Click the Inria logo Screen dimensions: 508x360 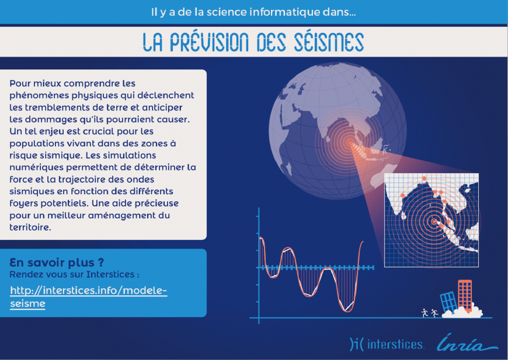[467, 343]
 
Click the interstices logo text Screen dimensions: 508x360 [395, 344]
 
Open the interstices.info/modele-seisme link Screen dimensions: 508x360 [88, 296]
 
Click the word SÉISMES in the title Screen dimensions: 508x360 [329, 42]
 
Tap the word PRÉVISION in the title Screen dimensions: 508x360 [209, 42]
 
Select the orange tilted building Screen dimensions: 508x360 [465, 295]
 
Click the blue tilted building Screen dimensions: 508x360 [448, 302]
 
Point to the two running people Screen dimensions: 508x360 [430, 313]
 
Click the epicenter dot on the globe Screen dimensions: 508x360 [349, 142]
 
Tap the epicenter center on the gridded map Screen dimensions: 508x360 [434, 222]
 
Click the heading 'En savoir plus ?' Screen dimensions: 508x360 [57, 262]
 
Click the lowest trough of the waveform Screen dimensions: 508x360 [346, 311]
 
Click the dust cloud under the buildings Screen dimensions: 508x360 [462, 312]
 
